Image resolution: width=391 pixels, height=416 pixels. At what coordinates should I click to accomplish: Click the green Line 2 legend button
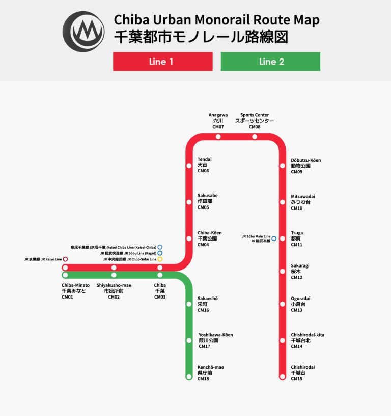(270, 62)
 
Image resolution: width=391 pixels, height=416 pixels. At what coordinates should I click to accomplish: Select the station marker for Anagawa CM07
(218, 136)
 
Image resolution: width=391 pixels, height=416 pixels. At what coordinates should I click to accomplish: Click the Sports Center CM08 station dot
(255, 136)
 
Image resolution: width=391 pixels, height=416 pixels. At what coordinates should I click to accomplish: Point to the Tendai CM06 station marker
(189, 165)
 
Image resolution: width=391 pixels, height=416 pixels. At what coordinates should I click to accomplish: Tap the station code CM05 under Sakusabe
(204, 207)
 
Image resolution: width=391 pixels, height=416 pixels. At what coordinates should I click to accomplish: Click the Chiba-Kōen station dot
(189, 238)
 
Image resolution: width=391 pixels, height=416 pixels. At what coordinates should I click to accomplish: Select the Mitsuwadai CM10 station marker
(283, 202)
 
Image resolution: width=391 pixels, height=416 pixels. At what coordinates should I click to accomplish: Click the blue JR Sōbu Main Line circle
(274, 238)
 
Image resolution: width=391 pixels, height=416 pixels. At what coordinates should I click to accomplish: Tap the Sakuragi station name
(300, 265)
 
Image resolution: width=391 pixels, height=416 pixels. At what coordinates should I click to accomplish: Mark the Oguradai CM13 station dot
(283, 304)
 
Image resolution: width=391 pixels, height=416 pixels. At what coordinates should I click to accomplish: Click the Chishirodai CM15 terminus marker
(283, 377)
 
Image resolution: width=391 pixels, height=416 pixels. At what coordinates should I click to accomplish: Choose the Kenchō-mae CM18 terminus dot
(189, 377)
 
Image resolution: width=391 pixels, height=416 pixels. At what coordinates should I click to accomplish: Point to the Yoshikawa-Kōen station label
(215, 335)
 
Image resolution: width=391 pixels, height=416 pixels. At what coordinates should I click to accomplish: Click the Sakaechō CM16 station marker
(189, 304)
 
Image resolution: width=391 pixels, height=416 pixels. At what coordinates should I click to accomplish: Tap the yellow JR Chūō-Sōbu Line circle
(160, 259)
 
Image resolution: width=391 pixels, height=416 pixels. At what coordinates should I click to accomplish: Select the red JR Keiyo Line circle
(65, 259)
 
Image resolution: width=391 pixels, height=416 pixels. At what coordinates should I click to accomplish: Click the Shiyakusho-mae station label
(114, 285)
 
